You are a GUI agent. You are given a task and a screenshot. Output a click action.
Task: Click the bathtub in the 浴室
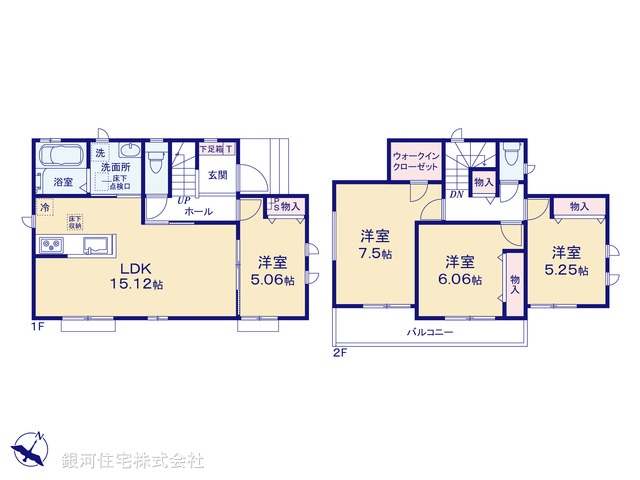click(62, 158)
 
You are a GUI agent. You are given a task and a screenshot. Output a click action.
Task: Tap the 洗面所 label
click(113, 168)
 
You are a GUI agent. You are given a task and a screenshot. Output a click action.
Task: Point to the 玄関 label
click(217, 173)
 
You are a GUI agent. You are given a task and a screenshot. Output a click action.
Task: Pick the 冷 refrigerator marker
click(45, 207)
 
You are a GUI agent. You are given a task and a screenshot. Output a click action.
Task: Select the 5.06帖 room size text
click(273, 281)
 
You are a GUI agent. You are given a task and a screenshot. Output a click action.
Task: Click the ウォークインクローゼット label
click(414, 163)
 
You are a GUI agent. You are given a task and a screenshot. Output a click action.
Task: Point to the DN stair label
click(455, 195)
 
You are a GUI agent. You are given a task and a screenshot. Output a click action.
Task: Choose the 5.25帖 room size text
click(566, 269)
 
